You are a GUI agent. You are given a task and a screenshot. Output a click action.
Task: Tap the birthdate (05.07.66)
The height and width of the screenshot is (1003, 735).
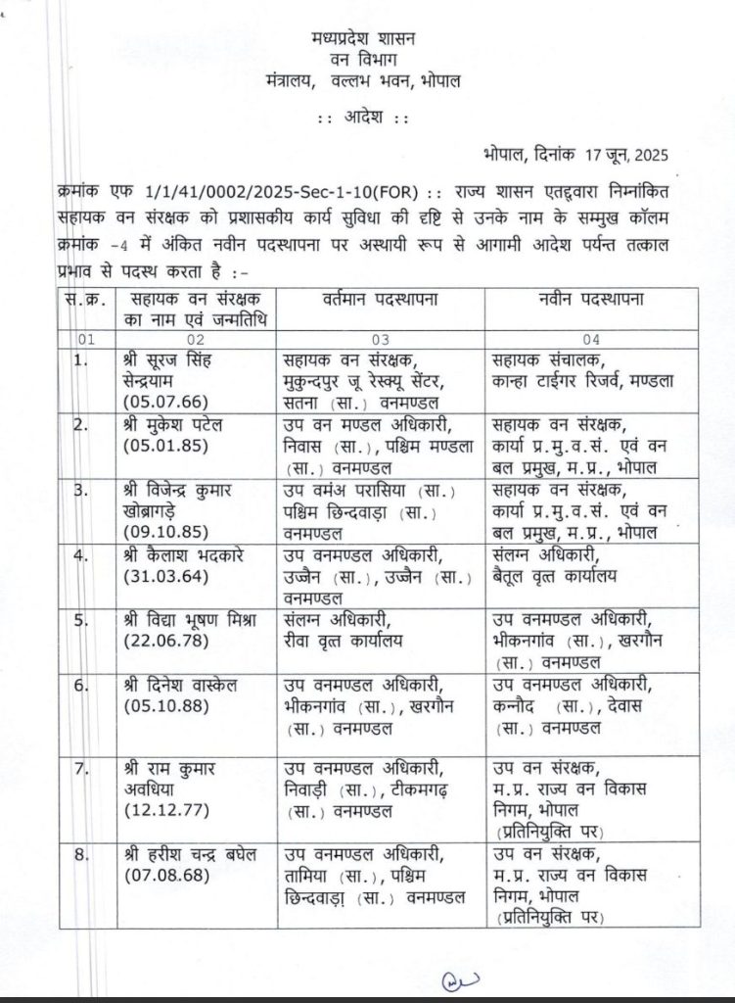(156, 402)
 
